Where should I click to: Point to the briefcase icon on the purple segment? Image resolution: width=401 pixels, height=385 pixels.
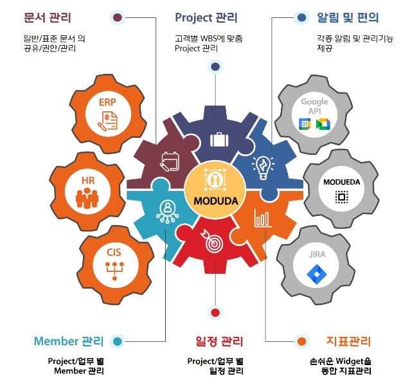click(216, 139)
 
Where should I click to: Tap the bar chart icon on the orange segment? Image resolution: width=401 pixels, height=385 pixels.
click(263, 218)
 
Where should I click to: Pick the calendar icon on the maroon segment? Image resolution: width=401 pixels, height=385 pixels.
click(170, 160)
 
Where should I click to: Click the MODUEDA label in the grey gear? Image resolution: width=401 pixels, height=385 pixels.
click(342, 182)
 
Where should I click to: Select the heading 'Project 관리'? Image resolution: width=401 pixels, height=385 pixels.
click(206, 18)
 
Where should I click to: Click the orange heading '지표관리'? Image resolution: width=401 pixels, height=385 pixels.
click(348, 341)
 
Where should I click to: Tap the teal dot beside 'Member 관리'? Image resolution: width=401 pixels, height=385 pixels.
click(117, 341)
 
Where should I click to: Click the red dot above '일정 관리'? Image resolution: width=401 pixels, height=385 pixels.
click(215, 313)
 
